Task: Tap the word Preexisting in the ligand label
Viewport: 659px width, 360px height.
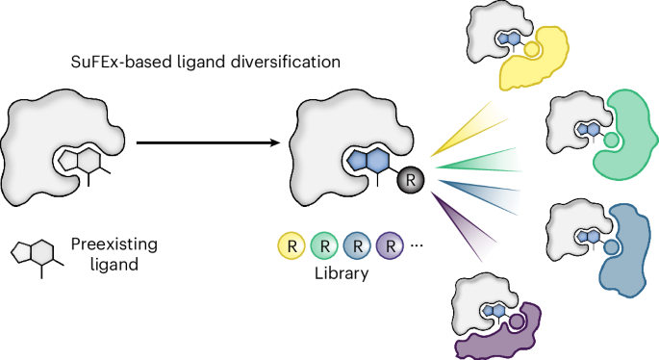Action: pyautogui.click(x=114, y=247)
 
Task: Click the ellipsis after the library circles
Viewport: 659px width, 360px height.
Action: pyautogui.click(x=418, y=244)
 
